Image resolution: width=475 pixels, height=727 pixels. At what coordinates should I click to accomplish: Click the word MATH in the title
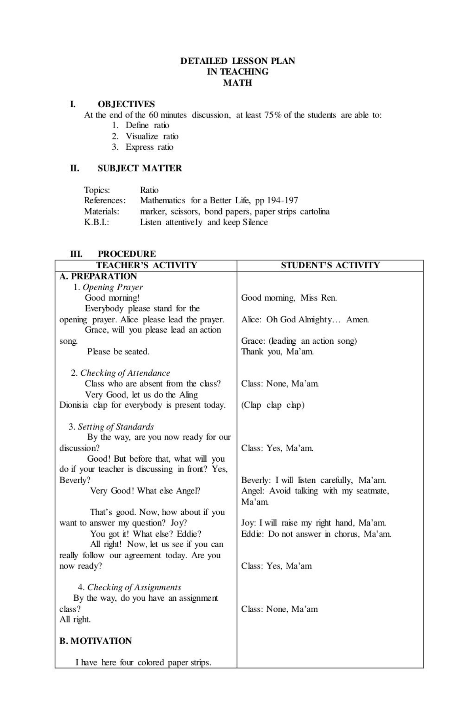point(237,83)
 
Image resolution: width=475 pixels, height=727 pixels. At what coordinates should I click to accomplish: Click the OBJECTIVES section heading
point(126,104)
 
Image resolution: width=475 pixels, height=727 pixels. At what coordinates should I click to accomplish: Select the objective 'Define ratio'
point(147,126)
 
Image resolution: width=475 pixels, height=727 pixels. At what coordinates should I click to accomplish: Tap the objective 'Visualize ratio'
point(152,136)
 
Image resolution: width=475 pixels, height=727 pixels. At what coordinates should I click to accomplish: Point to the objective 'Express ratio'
point(149,147)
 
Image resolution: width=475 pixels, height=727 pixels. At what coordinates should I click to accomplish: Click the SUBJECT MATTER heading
point(140,168)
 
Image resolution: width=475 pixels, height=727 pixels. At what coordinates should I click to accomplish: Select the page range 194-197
point(282,200)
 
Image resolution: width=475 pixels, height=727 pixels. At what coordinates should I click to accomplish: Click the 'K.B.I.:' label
point(96,222)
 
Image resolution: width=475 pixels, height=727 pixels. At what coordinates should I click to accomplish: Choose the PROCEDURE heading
point(127,254)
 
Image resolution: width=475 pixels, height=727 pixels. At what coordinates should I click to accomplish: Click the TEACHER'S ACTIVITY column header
point(146,265)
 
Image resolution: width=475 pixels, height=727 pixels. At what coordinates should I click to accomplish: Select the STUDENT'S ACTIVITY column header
point(330,265)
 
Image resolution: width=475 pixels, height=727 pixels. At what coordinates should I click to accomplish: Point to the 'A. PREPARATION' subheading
point(98,276)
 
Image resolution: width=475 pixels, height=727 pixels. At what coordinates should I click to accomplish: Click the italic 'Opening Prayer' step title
point(112,287)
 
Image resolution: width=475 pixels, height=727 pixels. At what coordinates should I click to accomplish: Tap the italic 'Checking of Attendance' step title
point(125,373)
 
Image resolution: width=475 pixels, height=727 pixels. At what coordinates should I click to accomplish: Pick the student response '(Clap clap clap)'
point(273,405)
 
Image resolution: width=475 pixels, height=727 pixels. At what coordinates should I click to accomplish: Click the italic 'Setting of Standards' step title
point(116,427)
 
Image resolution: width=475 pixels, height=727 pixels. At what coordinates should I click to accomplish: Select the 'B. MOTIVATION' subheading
point(95,641)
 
